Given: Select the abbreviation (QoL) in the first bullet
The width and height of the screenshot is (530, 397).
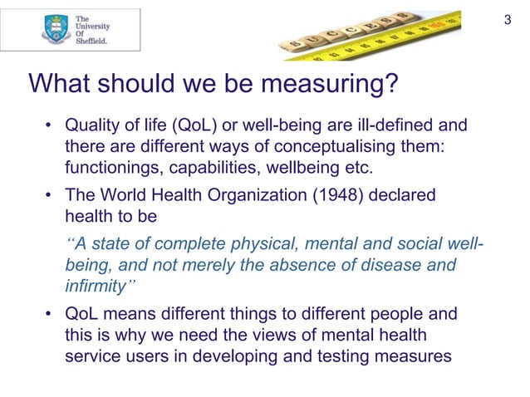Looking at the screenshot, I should tap(192, 127).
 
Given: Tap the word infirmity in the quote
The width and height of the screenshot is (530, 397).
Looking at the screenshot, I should tap(95, 287).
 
